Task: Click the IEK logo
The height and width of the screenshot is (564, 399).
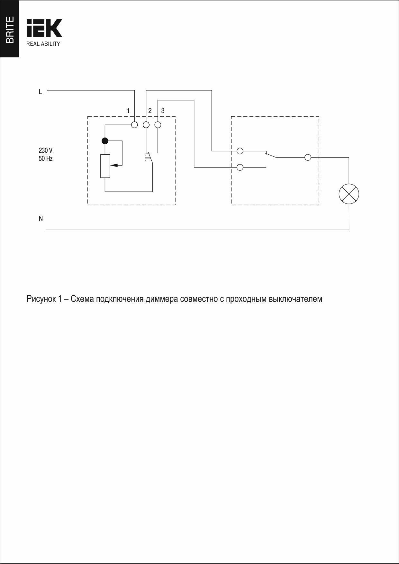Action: [44, 28]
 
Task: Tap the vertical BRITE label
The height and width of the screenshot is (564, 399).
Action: [10, 30]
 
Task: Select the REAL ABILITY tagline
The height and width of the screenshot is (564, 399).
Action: [43, 44]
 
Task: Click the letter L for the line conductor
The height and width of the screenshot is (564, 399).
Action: [40, 92]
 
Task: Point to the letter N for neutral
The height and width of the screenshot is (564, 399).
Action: [41, 219]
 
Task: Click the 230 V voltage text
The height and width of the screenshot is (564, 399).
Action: [46, 150]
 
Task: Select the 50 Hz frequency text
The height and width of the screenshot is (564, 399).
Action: [46, 158]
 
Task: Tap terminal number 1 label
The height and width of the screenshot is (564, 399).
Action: [128, 111]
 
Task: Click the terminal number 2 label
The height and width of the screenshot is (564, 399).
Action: [150, 111]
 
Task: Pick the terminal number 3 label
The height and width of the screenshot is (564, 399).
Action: [163, 111]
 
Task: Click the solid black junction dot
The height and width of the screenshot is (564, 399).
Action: [105, 141]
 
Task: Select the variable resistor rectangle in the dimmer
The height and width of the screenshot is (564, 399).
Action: [105, 166]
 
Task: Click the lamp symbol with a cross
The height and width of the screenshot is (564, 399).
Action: [349, 194]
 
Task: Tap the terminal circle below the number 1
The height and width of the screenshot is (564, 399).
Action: [134, 125]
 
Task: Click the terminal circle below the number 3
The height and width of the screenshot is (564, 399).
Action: [158, 125]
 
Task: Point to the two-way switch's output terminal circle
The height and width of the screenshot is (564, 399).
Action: [308, 158]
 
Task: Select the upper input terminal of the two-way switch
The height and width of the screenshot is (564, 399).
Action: [240, 150]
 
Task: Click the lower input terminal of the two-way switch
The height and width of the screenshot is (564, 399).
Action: [240, 167]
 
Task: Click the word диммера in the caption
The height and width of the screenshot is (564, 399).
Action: [162, 299]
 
